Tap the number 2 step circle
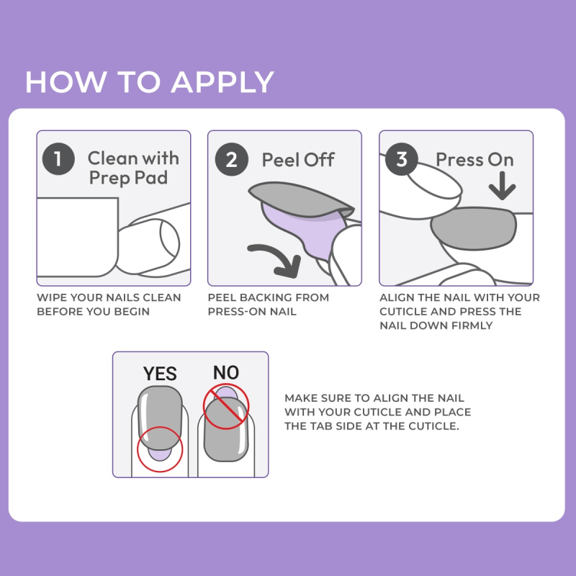(230, 159)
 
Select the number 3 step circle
(402, 159)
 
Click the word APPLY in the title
(222, 81)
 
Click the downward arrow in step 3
(501, 188)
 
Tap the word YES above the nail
(160, 374)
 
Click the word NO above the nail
(225, 372)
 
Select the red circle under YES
(160, 449)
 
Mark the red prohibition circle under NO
(225, 405)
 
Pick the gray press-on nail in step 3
(473, 228)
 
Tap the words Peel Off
(298, 159)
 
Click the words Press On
(474, 159)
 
